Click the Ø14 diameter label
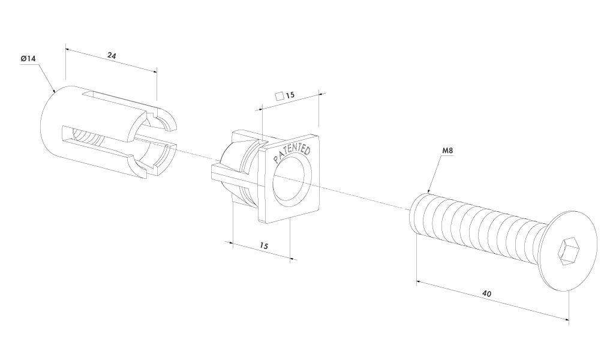[x=28, y=59]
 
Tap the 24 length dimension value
[x=112, y=55]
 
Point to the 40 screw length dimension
[x=486, y=294]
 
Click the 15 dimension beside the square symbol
[x=290, y=95]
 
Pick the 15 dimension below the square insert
[x=263, y=246]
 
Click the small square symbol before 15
[x=279, y=95]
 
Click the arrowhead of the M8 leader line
[x=428, y=192]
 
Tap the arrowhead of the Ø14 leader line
[x=55, y=92]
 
